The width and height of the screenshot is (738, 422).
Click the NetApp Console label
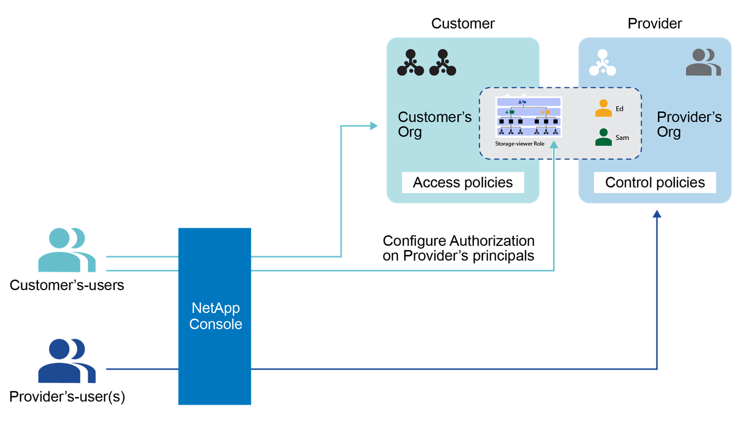215,315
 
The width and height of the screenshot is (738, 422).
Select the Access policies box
463,183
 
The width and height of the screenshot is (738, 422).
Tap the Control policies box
655,183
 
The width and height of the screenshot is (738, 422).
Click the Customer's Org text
434,124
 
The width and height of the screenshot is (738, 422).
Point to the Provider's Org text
689,124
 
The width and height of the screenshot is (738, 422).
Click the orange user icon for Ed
603,108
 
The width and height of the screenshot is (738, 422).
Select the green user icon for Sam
603,137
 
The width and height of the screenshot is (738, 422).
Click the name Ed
619,109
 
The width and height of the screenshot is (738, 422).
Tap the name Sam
622,138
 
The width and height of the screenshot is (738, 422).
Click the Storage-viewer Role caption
519,143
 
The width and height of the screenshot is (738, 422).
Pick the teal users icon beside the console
67,250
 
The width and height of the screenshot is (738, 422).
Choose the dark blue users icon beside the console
67,361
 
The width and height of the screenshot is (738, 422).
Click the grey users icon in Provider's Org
703,62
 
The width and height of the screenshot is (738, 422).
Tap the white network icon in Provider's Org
603,63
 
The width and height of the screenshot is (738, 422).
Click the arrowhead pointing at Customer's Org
375,126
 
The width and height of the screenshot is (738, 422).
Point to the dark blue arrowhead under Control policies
656,214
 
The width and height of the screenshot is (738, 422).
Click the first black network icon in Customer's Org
411,63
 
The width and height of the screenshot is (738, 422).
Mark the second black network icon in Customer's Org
442,63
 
